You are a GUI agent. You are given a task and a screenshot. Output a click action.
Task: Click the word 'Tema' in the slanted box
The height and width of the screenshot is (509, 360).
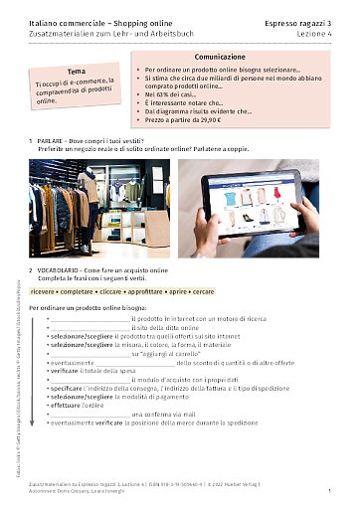[x=76, y=72]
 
